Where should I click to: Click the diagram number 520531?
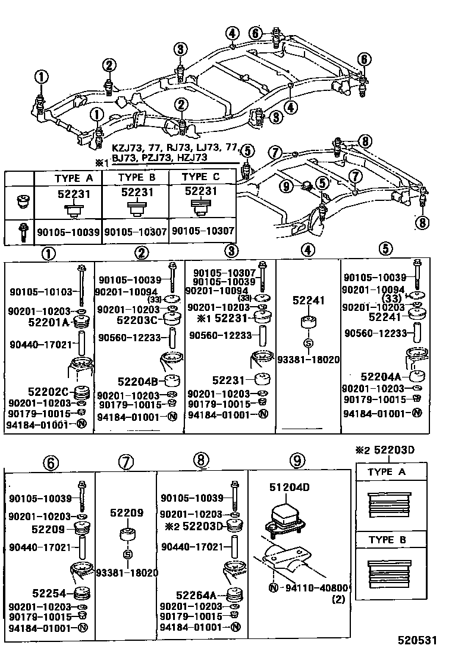(x=418, y=641)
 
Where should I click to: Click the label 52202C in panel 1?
(x=48, y=392)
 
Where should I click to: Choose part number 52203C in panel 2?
(x=136, y=320)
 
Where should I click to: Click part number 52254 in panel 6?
(x=49, y=592)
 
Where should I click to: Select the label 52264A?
(x=196, y=594)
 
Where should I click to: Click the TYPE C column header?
(x=202, y=177)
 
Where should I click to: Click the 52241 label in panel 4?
(x=308, y=301)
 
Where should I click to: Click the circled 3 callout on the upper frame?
(x=179, y=49)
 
